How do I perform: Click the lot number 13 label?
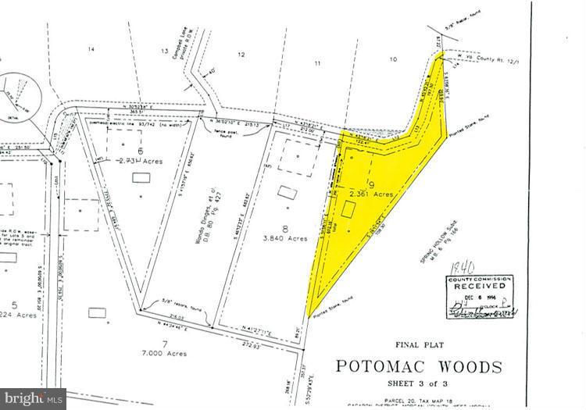pyautogui.click(x=165, y=52)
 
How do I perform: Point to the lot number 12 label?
pyautogui.click(x=241, y=54)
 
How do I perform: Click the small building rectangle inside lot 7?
pyautogui.click(x=98, y=312)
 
